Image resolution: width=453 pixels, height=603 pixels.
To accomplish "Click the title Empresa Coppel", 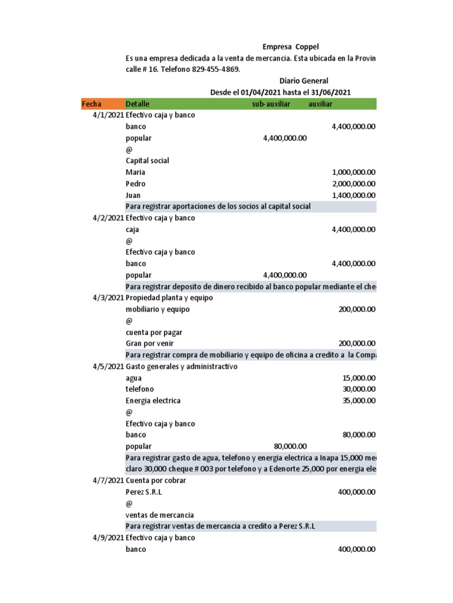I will click(290, 47).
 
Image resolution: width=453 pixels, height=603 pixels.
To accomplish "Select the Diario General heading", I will click(303, 81).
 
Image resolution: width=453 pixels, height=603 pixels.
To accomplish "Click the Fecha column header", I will click(91, 104).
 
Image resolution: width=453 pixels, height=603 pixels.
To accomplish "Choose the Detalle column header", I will click(137, 104).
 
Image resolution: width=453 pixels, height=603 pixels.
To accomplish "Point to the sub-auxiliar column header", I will click(267, 104).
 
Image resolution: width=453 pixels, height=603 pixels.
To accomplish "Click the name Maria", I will click(136, 173).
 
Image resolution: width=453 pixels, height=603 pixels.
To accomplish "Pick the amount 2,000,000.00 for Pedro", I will click(353, 184).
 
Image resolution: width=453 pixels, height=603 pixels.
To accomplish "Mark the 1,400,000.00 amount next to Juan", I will click(353, 196).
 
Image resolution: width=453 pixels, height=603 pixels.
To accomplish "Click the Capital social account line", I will click(147, 161).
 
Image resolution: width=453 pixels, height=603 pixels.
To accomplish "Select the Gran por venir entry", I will click(150, 344).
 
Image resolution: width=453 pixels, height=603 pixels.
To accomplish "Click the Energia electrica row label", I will click(153, 401).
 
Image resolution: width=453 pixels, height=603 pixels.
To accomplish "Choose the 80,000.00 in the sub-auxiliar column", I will click(290, 446).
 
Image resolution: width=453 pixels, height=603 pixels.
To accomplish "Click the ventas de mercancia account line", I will click(159, 515).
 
